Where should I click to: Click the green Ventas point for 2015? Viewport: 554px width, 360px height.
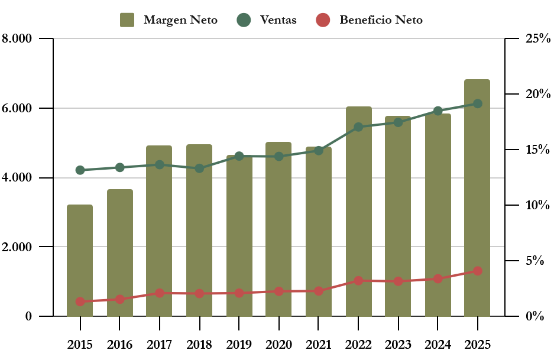[x=80, y=170]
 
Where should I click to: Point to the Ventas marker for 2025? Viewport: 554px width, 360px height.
[x=478, y=103]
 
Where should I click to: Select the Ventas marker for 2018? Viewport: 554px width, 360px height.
[x=199, y=168]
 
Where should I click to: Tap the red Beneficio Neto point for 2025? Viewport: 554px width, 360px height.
[x=478, y=271]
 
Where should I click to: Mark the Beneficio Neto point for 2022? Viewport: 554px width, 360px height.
[x=358, y=281]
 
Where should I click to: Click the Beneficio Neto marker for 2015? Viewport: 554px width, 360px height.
[x=80, y=301]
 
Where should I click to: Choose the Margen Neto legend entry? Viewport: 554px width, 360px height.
[x=169, y=20]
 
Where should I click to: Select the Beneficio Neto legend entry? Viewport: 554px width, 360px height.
[x=369, y=20]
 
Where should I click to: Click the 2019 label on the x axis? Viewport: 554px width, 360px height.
[x=239, y=345]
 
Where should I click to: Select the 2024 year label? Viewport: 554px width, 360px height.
[x=438, y=345]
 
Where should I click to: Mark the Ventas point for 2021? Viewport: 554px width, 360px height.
[x=319, y=151]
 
